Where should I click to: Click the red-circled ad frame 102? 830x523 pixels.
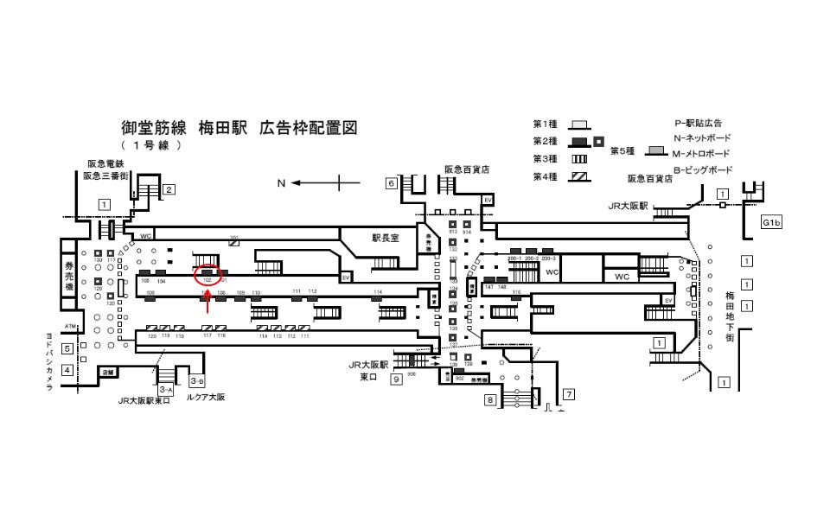coord(207,275)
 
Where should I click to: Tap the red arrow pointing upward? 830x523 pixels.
coord(207,303)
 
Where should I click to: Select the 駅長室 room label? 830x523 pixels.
coord(385,238)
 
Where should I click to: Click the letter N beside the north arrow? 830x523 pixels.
coord(280,183)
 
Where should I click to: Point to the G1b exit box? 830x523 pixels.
coord(771,223)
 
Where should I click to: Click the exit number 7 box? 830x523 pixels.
coord(568,395)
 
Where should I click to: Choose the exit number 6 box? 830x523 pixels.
coord(391,183)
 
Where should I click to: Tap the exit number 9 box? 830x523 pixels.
coord(396,379)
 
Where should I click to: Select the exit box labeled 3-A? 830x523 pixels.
coord(166,391)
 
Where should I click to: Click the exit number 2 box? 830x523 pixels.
coord(169,190)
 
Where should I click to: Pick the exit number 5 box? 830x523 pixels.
coord(65,348)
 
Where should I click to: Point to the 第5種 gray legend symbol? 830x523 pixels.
coord(658,150)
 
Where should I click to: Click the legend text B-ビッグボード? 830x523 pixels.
coord(702,169)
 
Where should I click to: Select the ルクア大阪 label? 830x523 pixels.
coord(206,399)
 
